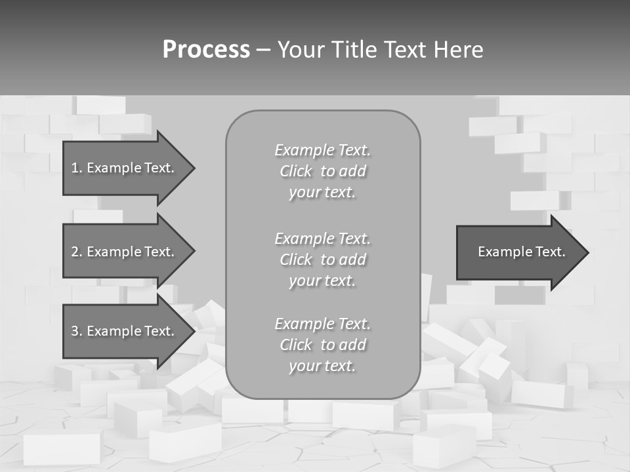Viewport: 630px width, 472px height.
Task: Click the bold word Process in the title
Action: coord(206,50)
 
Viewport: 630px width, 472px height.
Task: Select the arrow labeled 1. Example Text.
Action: coord(125,168)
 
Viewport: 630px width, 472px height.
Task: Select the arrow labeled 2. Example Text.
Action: coord(125,252)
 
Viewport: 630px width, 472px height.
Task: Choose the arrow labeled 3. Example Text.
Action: coord(125,331)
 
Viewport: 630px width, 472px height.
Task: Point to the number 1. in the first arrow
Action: coord(77,168)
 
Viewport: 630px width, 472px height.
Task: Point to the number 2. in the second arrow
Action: coord(77,252)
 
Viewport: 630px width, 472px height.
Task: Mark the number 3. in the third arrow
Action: coord(77,331)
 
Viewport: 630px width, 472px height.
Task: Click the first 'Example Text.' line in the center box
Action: coord(323,150)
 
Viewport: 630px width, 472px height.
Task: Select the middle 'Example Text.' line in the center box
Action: coord(323,239)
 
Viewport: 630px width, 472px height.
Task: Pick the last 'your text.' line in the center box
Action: coord(322,366)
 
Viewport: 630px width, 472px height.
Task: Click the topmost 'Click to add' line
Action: coord(323,171)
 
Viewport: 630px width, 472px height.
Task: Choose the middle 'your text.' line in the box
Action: coord(322,281)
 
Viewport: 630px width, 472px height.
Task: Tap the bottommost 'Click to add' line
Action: coord(323,345)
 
